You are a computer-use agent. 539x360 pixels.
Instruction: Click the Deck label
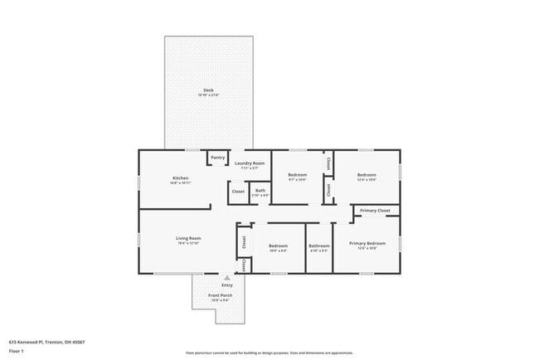208,90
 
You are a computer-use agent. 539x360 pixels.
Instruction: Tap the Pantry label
217,158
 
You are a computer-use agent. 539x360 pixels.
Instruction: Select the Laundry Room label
249,163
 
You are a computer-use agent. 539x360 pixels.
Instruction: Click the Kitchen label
181,178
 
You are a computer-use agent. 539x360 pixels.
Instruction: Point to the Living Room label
188,238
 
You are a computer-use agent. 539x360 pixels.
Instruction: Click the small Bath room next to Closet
260,191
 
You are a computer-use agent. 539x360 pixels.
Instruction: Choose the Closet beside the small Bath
238,192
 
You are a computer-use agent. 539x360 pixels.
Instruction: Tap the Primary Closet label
375,211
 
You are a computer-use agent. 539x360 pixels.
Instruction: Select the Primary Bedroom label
367,243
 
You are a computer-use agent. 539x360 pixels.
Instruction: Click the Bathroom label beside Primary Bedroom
319,246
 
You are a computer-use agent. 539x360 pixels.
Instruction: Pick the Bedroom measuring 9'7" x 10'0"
298,175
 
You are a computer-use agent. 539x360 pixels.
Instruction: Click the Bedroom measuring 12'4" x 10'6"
367,175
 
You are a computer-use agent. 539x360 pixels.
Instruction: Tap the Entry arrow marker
227,278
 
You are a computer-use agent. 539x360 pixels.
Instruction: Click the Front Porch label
220,296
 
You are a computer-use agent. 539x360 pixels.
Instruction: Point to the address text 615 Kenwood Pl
46,342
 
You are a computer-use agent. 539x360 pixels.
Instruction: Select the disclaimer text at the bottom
269,353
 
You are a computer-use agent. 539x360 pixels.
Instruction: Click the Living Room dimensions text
188,244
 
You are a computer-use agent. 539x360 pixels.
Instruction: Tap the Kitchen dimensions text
181,183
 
